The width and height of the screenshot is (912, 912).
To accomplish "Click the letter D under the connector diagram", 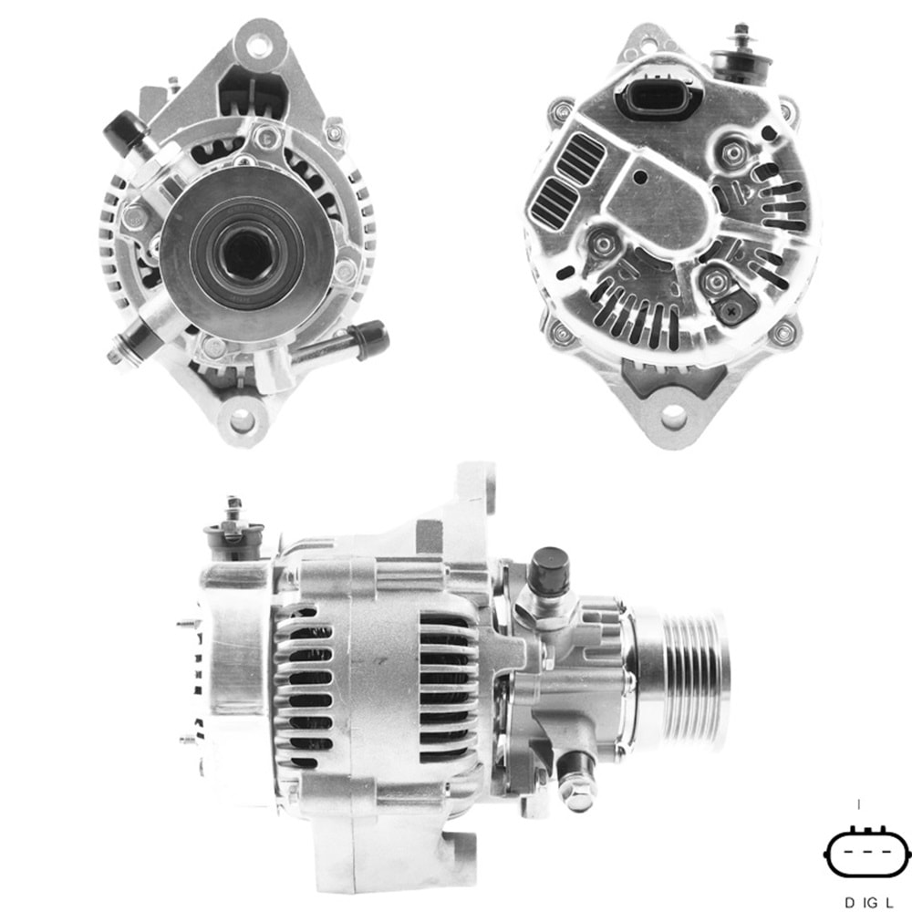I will click(849, 902).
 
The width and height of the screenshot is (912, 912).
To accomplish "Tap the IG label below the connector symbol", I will click(869, 902).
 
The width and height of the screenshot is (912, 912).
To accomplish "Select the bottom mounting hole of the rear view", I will click(673, 417).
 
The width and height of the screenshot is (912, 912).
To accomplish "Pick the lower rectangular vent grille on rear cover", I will click(554, 202).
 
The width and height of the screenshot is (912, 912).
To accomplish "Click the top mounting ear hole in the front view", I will click(259, 42).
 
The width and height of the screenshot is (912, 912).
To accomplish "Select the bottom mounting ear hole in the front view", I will click(242, 420).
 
